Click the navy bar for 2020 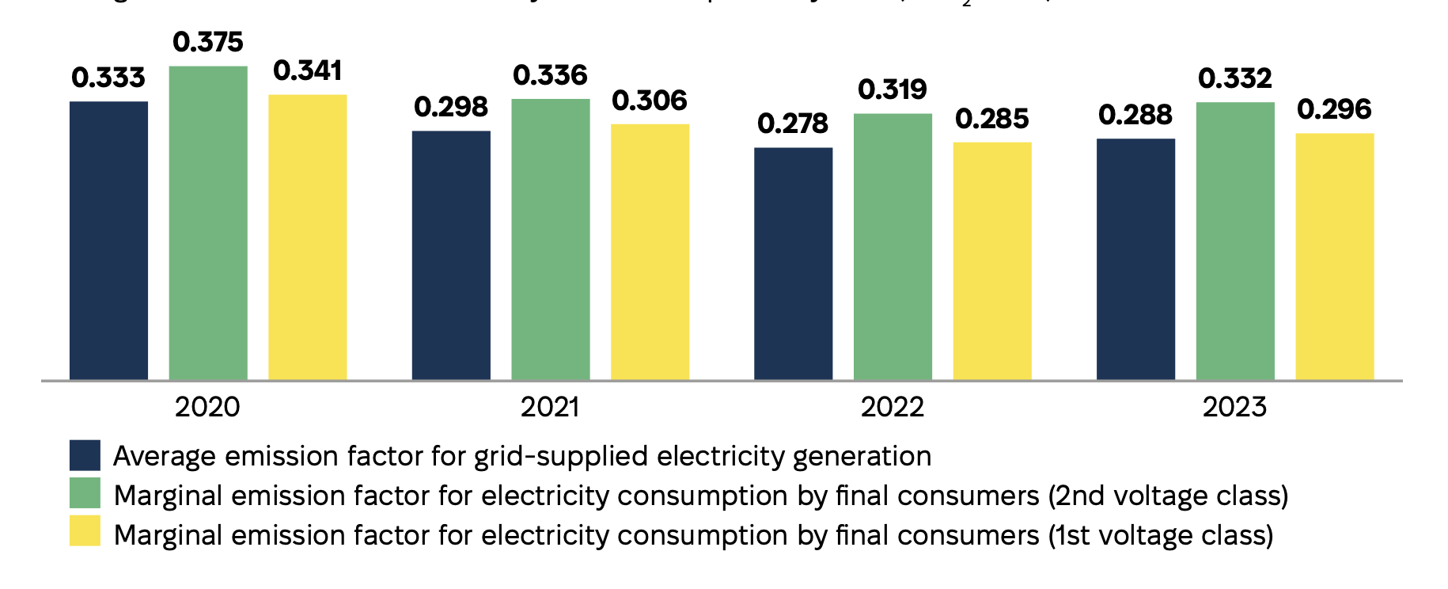click(108, 241)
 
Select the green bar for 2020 click(208, 223)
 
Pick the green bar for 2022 click(893, 247)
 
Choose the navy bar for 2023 click(1135, 260)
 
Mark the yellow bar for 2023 click(1334, 256)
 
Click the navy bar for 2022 click(793, 264)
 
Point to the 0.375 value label click(208, 42)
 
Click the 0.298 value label click(451, 107)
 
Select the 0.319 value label click(893, 89)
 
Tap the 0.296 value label click(1334, 109)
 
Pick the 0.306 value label click(650, 101)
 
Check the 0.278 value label click(793, 123)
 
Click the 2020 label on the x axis click(207, 407)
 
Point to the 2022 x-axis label click(893, 407)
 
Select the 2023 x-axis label click(1234, 407)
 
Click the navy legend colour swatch click(85, 455)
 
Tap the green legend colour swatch click(85, 493)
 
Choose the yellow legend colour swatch click(85, 531)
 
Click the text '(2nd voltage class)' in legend click(1168, 496)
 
